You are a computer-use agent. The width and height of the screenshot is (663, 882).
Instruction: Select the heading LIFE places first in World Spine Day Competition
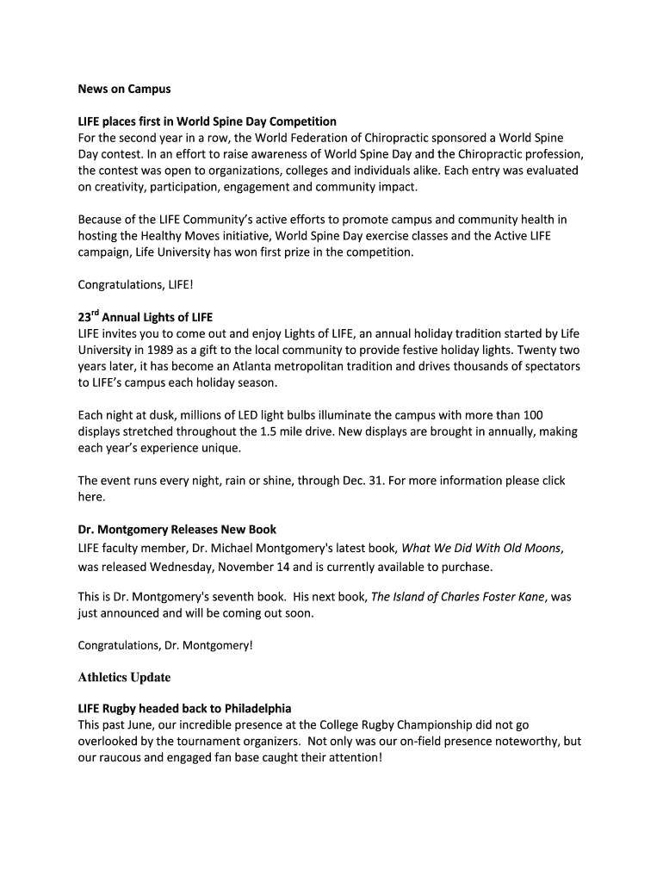coord(207,121)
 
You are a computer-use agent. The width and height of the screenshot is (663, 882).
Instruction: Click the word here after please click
coord(90,497)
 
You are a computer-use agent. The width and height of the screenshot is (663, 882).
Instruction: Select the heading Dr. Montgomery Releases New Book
coord(177,529)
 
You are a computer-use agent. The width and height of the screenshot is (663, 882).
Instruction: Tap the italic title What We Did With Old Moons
coord(481,548)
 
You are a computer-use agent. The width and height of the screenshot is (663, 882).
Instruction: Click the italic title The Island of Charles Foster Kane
coord(458,596)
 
